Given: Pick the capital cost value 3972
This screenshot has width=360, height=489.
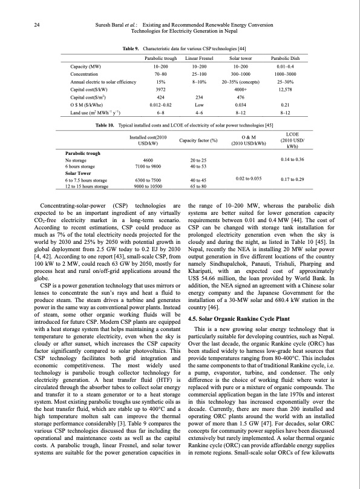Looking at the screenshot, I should [x=160, y=88].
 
